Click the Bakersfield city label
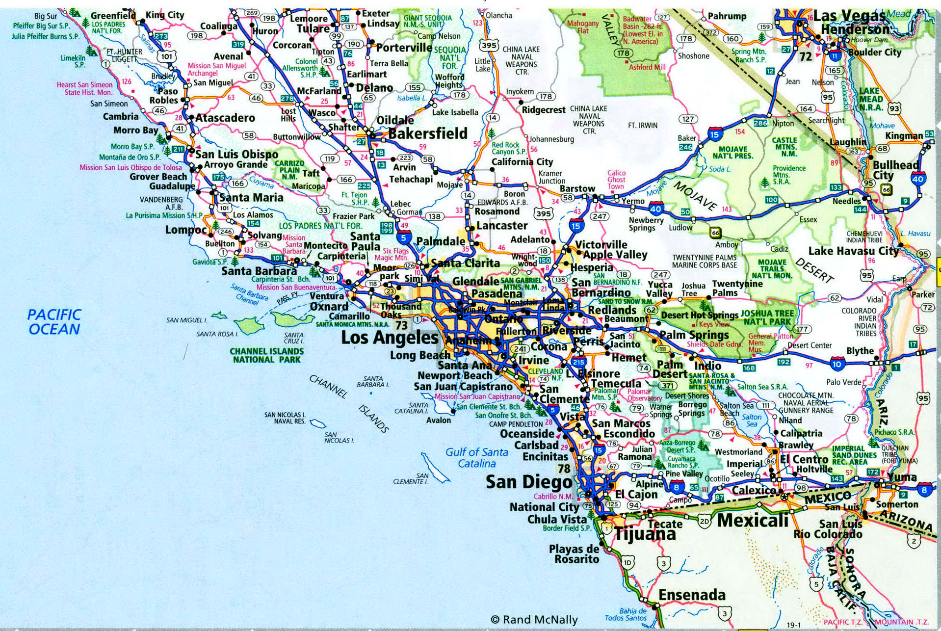(427, 133)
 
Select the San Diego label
(529, 482)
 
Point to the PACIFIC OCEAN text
(54, 322)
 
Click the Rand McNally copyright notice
(534, 620)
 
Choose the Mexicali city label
(753, 520)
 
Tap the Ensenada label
(692, 595)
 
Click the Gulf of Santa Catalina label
(477, 457)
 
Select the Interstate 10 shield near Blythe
(837, 364)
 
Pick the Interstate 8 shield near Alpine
(677, 487)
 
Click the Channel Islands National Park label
(267, 355)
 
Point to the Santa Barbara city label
(259, 271)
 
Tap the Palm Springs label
(694, 335)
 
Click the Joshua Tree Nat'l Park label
(767, 317)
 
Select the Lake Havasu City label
(853, 251)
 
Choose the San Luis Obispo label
(236, 154)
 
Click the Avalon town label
(438, 420)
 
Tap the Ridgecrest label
(543, 110)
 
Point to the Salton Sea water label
(752, 420)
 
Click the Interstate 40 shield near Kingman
(917, 179)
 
